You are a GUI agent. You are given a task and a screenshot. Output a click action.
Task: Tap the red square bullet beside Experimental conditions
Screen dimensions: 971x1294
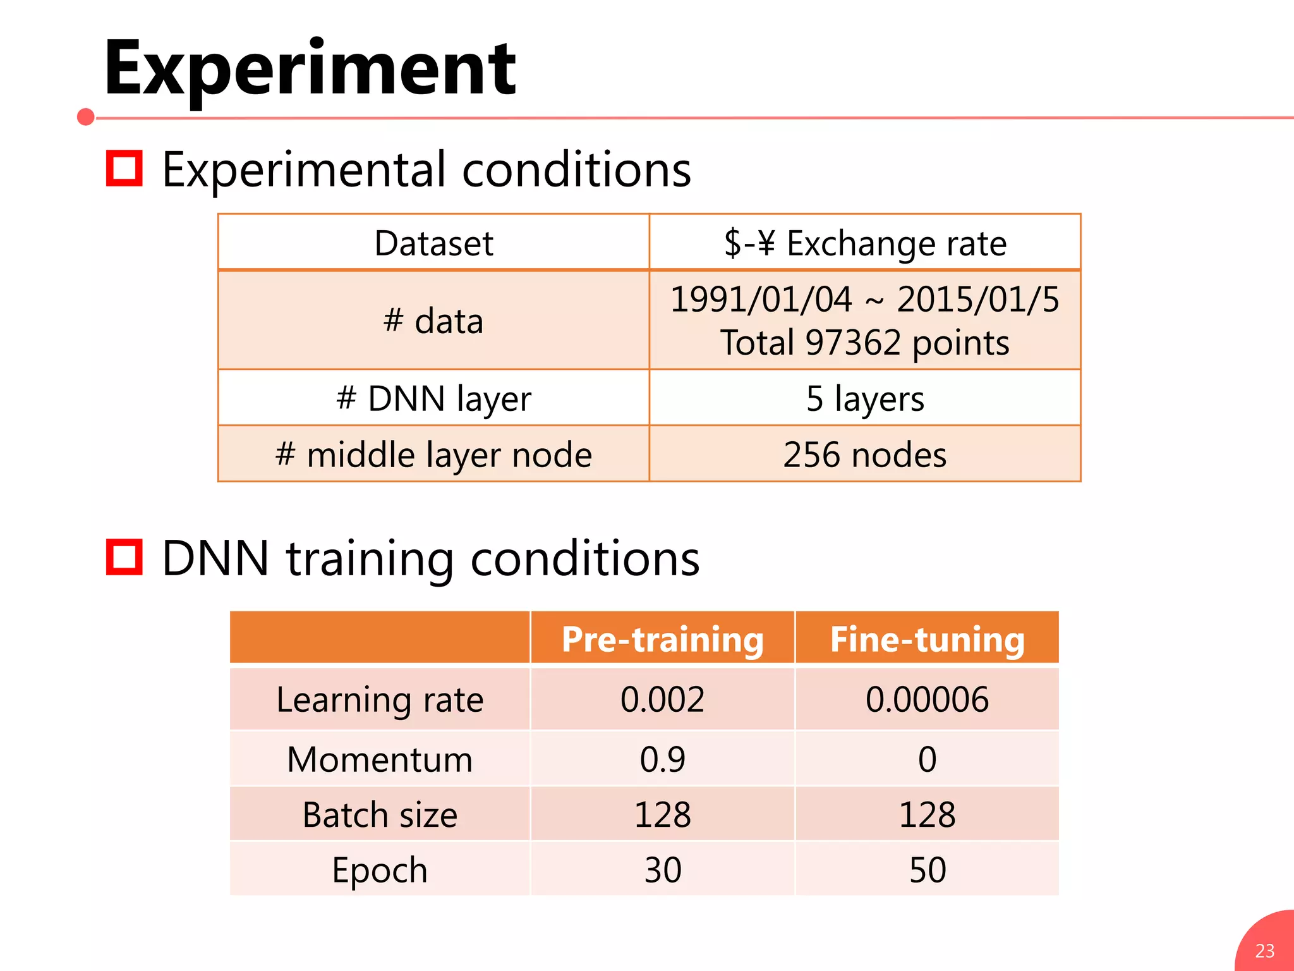pyautogui.click(x=124, y=168)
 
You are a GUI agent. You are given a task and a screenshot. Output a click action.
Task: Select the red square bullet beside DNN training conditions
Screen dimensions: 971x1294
pyautogui.click(x=124, y=557)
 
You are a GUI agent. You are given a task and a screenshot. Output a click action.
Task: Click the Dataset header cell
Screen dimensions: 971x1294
pyautogui.click(x=433, y=243)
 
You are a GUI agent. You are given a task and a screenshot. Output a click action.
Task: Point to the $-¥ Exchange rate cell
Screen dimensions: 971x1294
pyautogui.click(x=864, y=243)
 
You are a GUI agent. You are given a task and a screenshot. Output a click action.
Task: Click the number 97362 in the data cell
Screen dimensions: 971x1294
pyautogui.click(x=852, y=343)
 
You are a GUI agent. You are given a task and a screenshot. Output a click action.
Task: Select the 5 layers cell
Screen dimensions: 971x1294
pyautogui.click(x=864, y=398)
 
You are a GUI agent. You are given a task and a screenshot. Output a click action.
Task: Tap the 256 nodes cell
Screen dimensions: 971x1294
pyautogui.click(x=864, y=455)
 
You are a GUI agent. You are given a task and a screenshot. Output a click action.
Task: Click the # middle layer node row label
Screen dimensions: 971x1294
pyautogui.click(x=433, y=455)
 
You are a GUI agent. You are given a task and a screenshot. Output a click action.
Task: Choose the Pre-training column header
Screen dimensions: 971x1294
pyautogui.click(x=662, y=639)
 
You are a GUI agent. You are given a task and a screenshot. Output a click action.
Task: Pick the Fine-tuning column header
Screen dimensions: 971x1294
pyautogui.click(x=927, y=639)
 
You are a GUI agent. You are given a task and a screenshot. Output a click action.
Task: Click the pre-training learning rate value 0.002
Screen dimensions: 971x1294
pyautogui.click(x=662, y=699)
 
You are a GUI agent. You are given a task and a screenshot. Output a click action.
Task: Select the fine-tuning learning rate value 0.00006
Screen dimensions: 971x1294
pyautogui.click(x=927, y=699)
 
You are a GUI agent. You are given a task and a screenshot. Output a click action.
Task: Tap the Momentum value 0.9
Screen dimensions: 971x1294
pyautogui.click(x=662, y=759)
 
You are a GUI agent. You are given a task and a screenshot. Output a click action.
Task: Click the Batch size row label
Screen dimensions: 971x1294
pyautogui.click(x=380, y=814)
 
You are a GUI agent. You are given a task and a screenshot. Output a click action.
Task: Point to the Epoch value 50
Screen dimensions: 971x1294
pyautogui.click(x=927, y=870)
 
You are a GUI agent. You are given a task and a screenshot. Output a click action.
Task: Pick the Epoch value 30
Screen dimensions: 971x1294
pyautogui.click(x=662, y=870)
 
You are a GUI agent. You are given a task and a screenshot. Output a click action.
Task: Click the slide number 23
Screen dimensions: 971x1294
pyautogui.click(x=1264, y=951)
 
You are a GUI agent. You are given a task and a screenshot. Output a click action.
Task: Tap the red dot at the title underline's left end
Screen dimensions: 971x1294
pyautogui.click(x=86, y=117)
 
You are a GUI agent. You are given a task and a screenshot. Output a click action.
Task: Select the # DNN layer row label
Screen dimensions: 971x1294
pyautogui.click(x=433, y=398)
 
